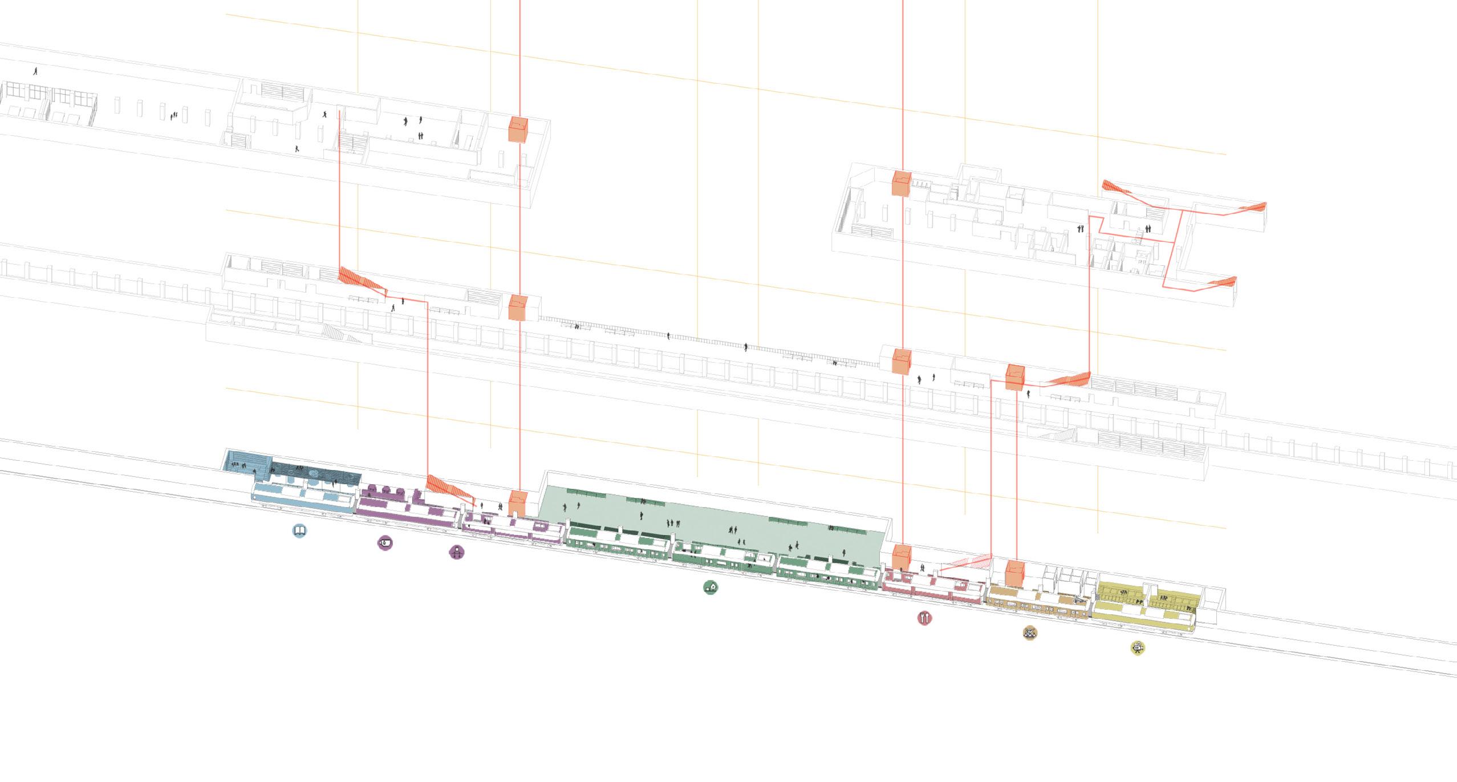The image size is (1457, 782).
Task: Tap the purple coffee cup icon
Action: pyautogui.click(x=385, y=542)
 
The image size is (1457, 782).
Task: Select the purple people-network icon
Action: pyautogui.click(x=457, y=552)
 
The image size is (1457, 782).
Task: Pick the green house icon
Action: pyautogui.click(x=710, y=587)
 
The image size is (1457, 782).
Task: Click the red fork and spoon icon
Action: pyautogui.click(x=925, y=618)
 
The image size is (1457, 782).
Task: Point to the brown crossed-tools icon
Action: pyautogui.click(x=1030, y=632)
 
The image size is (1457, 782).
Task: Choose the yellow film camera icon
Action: pyautogui.click(x=1138, y=647)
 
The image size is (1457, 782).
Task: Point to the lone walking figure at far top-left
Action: pyautogui.click(x=36, y=71)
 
